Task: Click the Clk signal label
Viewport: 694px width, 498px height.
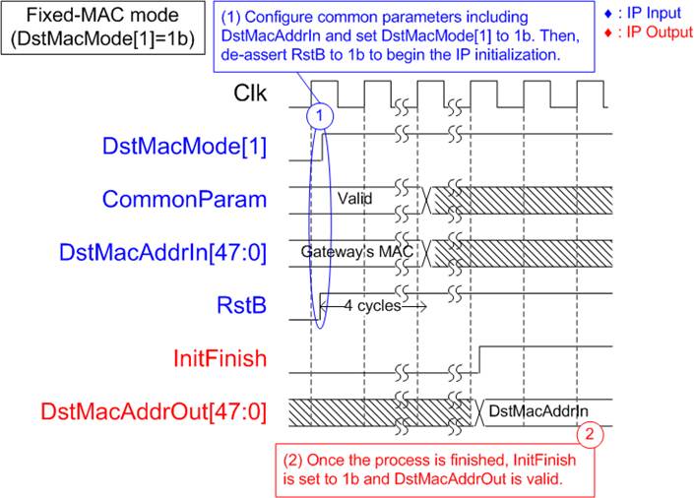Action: pos(250,93)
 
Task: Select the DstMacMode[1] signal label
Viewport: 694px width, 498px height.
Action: pos(184,146)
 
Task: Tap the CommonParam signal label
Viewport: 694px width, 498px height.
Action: pos(184,200)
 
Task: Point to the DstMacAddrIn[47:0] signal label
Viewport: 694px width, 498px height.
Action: pos(162,253)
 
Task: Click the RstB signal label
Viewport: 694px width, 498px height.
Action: pos(241,305)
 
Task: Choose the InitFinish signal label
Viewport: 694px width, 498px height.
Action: pos(220,358)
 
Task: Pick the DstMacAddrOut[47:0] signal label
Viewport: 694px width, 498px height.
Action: pos(154,411)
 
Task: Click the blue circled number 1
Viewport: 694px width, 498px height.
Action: pos(320,116)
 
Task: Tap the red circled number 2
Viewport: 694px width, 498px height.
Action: pos(590,434)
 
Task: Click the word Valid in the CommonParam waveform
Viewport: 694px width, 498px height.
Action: pos(355,199)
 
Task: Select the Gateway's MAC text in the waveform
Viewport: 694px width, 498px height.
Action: pos(356,251)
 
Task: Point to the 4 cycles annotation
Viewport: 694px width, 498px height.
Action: pos(373,306)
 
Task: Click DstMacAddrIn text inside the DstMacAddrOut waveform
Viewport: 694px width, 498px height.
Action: pos(538,411)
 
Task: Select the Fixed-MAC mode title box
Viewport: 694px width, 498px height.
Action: pos(102,28)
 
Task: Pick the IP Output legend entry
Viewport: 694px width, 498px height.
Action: pos(649,32)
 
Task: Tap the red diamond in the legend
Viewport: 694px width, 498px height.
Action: pos(608,32)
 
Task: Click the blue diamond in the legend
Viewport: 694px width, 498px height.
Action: pos(608,14)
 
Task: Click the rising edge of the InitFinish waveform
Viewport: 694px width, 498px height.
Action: pos(479,359)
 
